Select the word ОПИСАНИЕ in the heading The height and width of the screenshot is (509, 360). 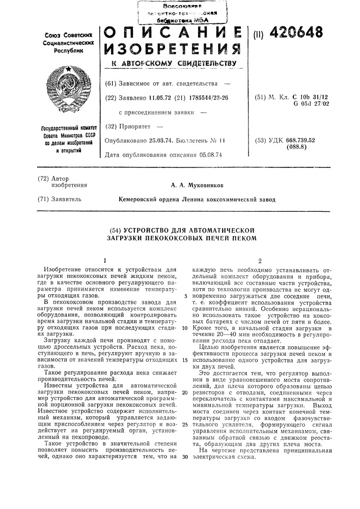click(172, 34)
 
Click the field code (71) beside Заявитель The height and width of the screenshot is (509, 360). click(44, 200)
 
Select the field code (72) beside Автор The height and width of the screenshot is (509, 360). click(44, 178)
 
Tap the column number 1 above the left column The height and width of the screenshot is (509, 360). click(102, 260)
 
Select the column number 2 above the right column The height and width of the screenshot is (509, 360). click(259, 260)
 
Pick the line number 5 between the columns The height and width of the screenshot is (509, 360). click(186, 296)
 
